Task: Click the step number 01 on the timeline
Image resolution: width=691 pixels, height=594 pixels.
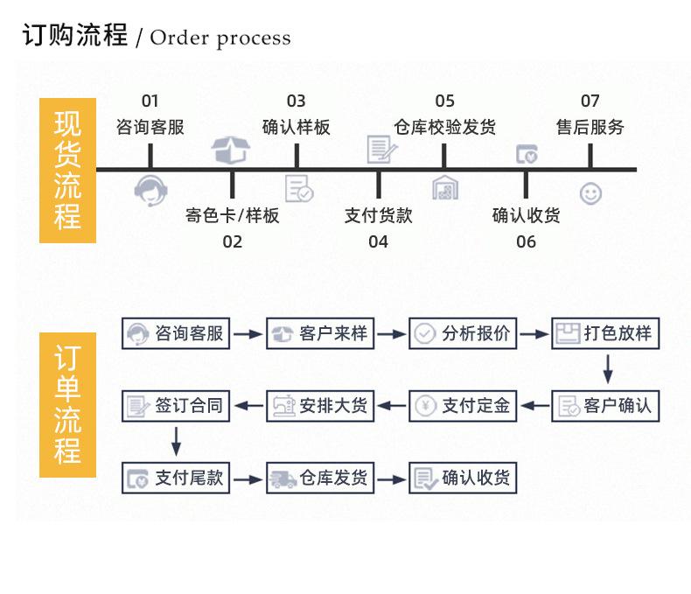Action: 150,101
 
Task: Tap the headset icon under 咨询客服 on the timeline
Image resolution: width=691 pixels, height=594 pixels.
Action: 150,190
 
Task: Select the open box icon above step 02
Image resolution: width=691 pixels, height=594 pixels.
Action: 232,150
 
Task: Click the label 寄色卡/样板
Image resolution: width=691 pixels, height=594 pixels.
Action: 232,215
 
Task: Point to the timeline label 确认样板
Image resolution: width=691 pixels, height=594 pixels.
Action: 297,128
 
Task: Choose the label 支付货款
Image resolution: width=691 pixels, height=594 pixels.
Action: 378,215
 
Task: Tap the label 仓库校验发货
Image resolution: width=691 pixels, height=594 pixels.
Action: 444,128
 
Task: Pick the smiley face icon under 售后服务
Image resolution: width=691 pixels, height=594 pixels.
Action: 590,193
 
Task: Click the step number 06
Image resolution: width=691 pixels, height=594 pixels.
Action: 526,241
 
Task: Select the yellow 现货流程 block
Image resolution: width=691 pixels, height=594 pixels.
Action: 67,170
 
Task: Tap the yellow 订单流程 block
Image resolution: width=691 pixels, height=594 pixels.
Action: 67,404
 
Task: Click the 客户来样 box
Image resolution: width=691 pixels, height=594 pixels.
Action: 320,333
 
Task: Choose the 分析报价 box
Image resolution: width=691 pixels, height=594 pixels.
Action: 464,333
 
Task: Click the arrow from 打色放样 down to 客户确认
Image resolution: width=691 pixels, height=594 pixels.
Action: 608,368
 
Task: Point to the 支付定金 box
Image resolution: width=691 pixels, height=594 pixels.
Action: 464,405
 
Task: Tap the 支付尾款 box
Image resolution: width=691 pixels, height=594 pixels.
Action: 176,479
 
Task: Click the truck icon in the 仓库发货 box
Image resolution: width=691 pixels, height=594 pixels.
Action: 283,479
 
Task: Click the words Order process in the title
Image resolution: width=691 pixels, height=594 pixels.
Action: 220,38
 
